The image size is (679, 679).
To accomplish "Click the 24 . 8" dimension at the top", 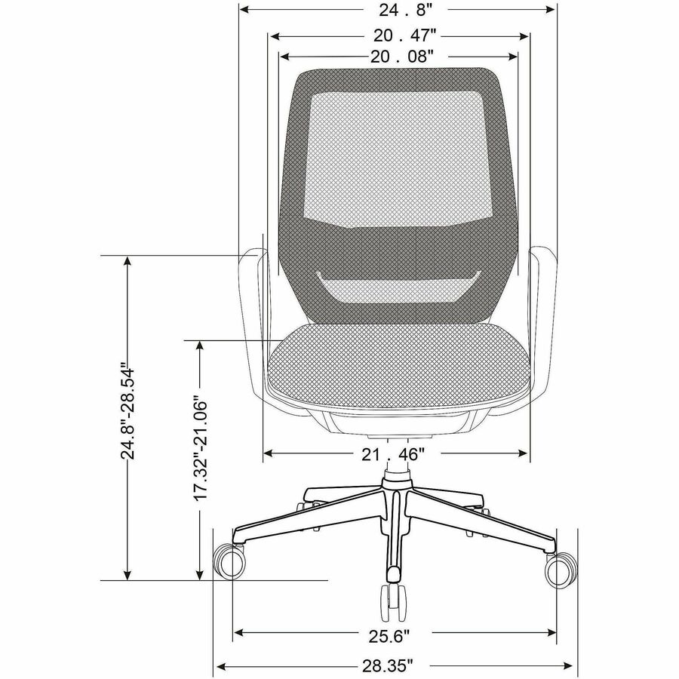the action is [x=406, y=11].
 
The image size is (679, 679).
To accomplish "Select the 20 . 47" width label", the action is [x=404, y=35].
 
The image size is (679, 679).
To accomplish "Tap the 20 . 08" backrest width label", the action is [x=401, y=57].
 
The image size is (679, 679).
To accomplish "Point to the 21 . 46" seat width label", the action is [x=392, y=454].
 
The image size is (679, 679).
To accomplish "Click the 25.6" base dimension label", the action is [x=389, y=636].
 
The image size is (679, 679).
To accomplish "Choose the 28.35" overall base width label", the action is [x=388, y=665].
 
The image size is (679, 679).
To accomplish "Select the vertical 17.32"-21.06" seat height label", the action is [x=201, y=448].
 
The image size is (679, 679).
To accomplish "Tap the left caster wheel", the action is [x=229, y=561].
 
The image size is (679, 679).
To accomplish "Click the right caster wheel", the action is [x=561, y=571].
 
